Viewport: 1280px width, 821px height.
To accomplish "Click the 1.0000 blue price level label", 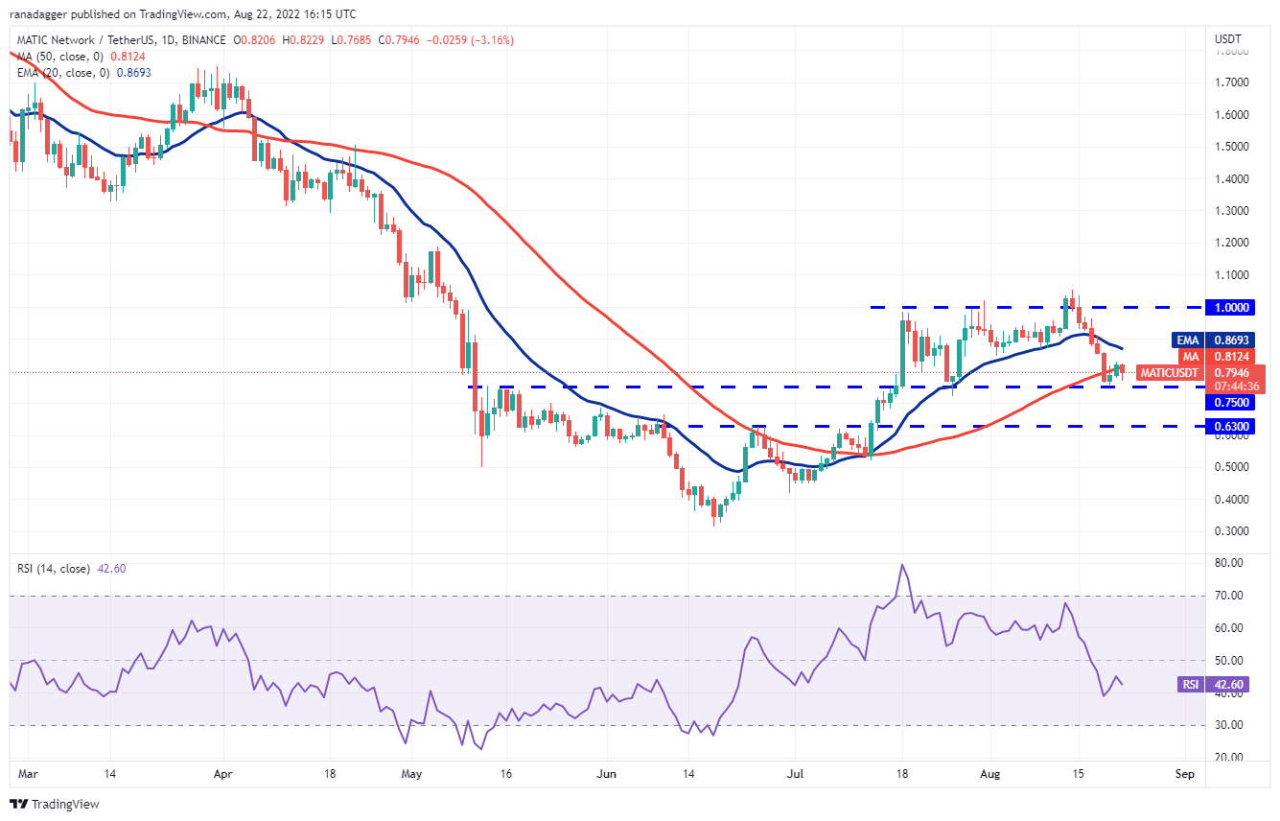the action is point(1230,308).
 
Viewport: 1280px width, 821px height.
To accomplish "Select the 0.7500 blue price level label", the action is point(1230,403).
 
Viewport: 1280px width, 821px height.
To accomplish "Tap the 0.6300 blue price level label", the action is point(1230,427).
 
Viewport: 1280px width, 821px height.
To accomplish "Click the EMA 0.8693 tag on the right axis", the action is point(1213,340).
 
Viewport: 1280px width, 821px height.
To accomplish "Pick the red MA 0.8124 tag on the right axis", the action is point(1217,357).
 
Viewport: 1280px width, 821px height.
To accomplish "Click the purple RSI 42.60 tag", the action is point(1213,685).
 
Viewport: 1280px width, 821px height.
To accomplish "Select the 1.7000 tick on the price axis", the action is point(1231,82).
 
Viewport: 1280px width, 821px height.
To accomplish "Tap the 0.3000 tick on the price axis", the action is point(1231,531).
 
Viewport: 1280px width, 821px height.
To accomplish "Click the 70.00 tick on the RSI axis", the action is point(1228,596).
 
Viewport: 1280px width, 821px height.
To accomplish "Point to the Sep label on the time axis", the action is point(1184,774).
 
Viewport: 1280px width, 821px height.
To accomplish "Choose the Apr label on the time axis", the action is point(222,774).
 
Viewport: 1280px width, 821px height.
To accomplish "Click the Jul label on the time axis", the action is point(795,774).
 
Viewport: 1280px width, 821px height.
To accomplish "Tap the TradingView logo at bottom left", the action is point(55,804).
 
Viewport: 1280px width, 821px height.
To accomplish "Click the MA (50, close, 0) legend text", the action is point(60,57).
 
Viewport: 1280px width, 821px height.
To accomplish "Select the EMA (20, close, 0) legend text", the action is point(63,73).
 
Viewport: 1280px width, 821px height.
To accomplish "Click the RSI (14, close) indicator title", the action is point(54,569).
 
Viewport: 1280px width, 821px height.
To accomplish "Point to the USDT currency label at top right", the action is point(1227,39).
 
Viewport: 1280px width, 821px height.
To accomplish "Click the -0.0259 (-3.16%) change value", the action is point(470,40).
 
